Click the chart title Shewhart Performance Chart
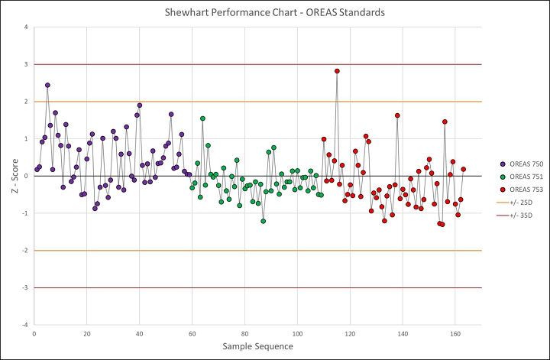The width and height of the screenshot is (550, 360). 274,13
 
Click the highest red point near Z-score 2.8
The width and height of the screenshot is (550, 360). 337,71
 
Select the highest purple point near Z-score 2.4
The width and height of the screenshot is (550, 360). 47,86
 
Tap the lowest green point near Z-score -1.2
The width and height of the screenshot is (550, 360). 263,221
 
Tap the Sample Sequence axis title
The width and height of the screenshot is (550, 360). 257,346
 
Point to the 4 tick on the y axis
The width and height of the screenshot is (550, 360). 27,28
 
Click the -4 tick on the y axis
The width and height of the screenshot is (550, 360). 25,325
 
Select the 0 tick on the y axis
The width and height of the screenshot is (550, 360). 27,176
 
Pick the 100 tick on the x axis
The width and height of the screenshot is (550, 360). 297,334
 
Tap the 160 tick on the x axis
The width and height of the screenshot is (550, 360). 455,334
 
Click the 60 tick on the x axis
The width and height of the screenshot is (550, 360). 192,334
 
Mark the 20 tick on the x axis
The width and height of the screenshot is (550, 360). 86,334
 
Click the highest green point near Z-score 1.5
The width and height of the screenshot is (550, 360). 202,118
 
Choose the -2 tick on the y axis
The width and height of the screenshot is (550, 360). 25,251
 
